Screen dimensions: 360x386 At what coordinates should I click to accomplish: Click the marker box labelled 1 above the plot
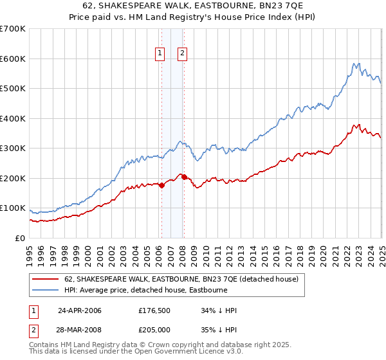pyautogui.click(x=159, y=54)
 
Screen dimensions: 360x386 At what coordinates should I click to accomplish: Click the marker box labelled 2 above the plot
pyautogui.click(x=183, y=54)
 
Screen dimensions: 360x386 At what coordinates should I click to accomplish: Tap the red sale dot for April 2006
pyautogui.click(x=161, y=185)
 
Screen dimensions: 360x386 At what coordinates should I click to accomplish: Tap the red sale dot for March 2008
pyautogui.click(x=184, y=177)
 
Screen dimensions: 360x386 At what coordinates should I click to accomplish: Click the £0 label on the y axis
pyautogui.click(x=21, y=239)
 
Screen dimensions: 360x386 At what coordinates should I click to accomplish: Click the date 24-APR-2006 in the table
pyautogui.click(x=80, y=310)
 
